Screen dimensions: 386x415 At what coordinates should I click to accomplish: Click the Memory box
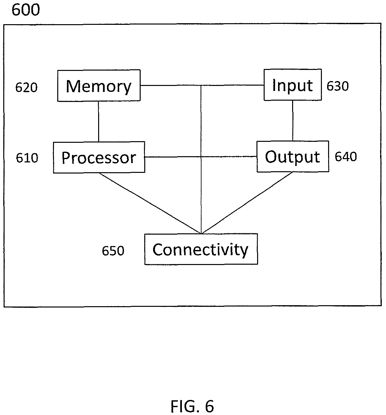coord(99,86)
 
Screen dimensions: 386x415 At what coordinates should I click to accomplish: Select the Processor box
coord(99,158)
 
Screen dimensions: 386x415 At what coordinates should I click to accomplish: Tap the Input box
coord(293,85)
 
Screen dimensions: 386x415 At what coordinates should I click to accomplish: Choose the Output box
coord(293,157)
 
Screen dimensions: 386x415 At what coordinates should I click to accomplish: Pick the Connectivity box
coord(201,249)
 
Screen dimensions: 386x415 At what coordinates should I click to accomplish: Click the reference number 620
coord(26,87)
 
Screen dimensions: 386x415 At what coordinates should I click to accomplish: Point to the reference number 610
coord(27,158)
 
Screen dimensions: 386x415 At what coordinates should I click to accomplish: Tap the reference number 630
coord(338,86)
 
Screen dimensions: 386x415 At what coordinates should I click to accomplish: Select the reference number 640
coord(346,157)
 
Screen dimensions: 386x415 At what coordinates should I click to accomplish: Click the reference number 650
coord(113,251)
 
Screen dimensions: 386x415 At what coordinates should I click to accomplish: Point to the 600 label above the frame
coord(26,10)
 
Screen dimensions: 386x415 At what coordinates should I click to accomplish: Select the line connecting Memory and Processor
coord(98,122)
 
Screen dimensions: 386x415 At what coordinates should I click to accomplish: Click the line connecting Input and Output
coord(292,121)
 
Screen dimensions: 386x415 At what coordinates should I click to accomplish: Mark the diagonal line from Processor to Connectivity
coord(150,203)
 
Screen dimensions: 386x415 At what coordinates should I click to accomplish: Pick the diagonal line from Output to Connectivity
coord(247,203)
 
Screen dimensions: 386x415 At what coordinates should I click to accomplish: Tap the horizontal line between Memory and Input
coord(202,85)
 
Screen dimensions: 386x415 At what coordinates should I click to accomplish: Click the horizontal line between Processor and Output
coord(201,157)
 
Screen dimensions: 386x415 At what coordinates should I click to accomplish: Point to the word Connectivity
coord(201,250)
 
